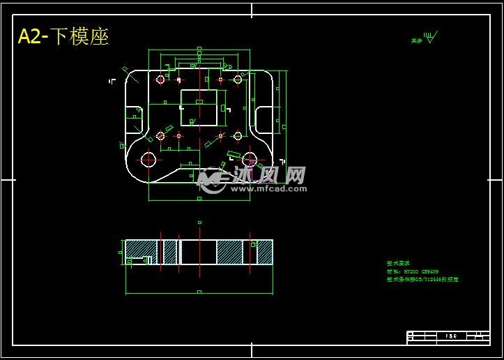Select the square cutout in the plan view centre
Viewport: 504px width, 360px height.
199,107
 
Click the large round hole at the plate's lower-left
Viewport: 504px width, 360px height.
148,160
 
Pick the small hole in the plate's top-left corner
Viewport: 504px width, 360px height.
160,80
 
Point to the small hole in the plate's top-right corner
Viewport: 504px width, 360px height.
238,80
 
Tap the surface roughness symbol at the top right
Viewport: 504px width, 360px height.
431,38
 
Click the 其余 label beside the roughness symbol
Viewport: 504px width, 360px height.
416,40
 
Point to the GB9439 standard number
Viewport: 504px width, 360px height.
429,271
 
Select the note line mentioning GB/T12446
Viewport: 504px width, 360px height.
422,279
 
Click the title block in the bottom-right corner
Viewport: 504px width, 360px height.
448,337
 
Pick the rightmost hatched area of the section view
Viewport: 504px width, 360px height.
264,252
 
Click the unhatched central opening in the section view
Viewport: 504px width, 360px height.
199,252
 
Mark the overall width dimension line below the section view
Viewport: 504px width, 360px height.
199,292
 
